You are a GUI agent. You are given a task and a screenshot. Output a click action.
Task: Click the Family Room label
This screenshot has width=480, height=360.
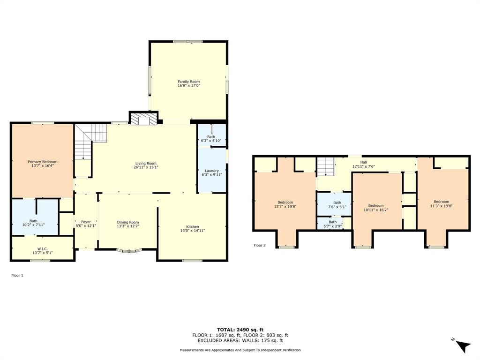pyautogui.click(x=188, y=82)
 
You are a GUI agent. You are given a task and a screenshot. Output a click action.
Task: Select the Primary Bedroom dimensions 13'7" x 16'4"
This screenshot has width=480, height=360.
pyautogui.click(x=42, y=166)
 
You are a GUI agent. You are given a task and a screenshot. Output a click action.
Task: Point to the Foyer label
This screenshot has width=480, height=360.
pyautogui.click(x=86, y=222)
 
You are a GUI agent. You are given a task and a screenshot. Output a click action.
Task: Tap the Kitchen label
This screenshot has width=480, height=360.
pyautogui.click(x=193, y=226)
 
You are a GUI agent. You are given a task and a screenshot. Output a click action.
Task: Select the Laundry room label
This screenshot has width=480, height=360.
pyautogui.click(x=212, y=171)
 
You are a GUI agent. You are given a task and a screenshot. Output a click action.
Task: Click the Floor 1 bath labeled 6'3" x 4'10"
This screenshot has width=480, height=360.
pyautogui.click(x=211, y=138)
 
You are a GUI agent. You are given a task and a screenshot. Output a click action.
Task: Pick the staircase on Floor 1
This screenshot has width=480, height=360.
pyautogui.click(x=89, y=141)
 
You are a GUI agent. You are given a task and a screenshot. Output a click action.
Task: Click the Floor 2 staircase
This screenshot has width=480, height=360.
pyautogui.click(x=327, y=166)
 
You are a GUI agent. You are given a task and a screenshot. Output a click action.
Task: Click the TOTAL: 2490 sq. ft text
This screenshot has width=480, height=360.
pyautogui.click(x=240, y=330)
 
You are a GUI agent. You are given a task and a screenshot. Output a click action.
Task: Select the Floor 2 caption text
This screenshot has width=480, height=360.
pyautogui.click(x=260, y=245)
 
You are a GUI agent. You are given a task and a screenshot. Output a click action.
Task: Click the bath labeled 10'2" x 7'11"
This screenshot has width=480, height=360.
pyautogui.click(x=33, y=223)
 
